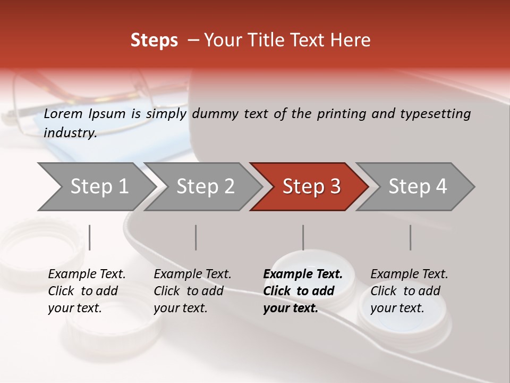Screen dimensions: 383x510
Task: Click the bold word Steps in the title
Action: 154,40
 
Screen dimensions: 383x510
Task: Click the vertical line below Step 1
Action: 90,237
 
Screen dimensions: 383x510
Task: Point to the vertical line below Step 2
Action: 196,237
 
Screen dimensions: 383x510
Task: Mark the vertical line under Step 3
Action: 303,237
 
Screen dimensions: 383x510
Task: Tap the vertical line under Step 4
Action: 410,237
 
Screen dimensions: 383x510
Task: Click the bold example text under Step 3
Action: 302,291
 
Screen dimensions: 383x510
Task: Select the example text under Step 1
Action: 87,291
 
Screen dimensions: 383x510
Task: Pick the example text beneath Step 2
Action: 192,291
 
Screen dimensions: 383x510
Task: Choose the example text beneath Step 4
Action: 409,291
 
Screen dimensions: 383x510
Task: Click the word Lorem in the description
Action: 63,114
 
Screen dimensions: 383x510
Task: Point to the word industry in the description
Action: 70,133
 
